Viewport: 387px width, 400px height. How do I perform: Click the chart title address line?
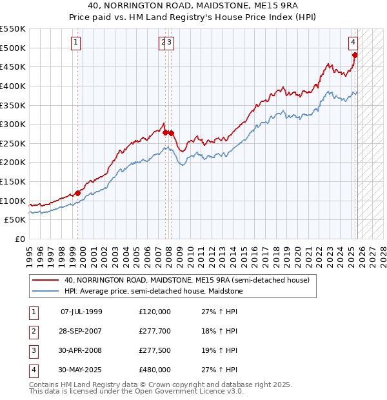tap(193, 7)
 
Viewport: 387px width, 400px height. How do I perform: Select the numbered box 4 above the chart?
tap(353, 43)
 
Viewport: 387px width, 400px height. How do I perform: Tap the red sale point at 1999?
tap(78, 192)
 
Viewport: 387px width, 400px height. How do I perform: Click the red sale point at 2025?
tap(355, 55)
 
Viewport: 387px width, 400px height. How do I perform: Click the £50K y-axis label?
tap(15, 220)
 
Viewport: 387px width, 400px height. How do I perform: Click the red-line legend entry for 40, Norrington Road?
tap(187, 280)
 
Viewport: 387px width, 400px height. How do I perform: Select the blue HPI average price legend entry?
tap(154, 292)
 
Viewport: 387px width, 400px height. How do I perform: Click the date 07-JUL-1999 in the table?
tap(81, 312)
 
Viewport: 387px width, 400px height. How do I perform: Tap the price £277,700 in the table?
tap(155, 331)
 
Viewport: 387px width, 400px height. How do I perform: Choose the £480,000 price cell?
tap(155, 370)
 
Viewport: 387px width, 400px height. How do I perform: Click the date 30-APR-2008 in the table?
tap(81, 350)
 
